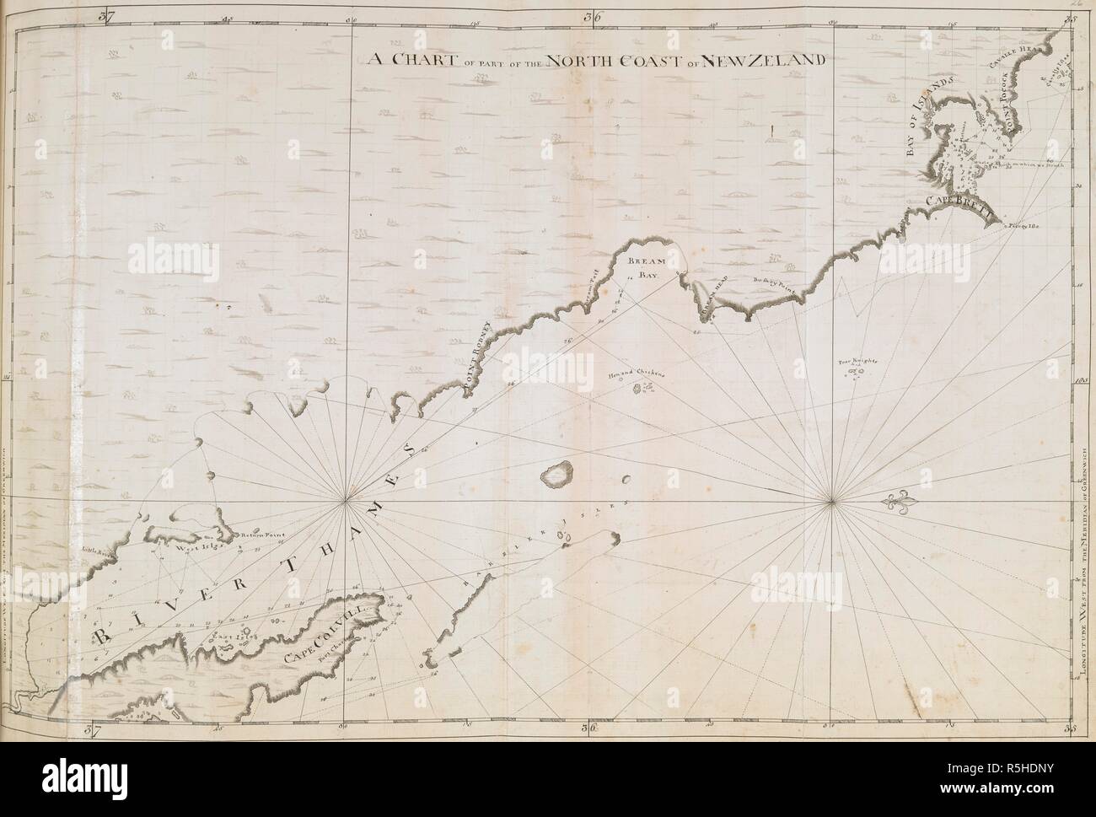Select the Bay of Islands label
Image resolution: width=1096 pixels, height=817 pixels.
(927, 118)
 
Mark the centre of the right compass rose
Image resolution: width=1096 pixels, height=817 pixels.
(832, 503)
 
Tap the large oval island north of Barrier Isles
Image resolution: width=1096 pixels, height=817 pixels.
(556, 474)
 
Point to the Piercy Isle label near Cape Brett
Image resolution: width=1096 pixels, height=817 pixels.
(1027, 226)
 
